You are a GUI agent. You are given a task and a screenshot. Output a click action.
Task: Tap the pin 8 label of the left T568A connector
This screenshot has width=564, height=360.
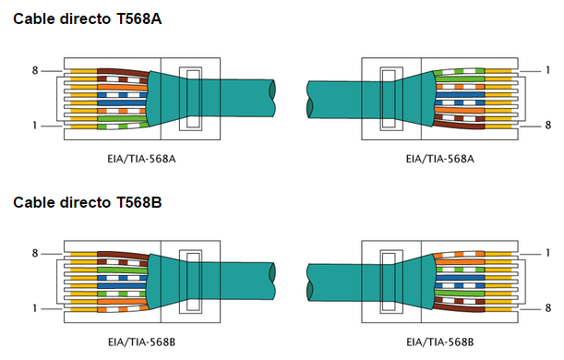[x=35, y=70]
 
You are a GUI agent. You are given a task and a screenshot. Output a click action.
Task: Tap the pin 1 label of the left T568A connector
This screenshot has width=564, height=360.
[x=35, y=126]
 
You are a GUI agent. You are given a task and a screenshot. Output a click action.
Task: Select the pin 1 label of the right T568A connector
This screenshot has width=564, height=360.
[x=547, y=70]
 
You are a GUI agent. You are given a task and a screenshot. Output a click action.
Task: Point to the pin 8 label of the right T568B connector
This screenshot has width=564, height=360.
[x=547, y=308]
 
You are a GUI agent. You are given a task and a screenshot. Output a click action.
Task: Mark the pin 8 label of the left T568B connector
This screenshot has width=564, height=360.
[x=35, y=253]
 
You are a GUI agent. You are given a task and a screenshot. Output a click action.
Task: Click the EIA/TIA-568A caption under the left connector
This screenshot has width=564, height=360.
[x=141, y=159]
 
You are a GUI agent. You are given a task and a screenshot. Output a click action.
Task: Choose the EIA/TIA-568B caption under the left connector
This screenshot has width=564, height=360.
[x=141, y=342]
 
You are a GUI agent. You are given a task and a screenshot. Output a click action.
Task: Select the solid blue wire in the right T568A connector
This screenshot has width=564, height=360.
[x=462, y=93]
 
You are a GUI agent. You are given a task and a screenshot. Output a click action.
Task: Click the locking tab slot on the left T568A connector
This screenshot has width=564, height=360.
[x=191, y=98]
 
